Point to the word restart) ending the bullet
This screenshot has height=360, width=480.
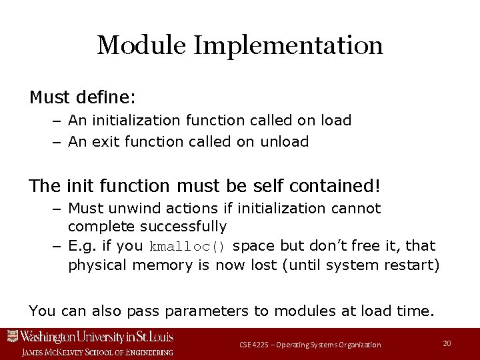412,265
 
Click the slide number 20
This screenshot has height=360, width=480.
447,343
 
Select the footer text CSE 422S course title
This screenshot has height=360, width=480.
310,345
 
